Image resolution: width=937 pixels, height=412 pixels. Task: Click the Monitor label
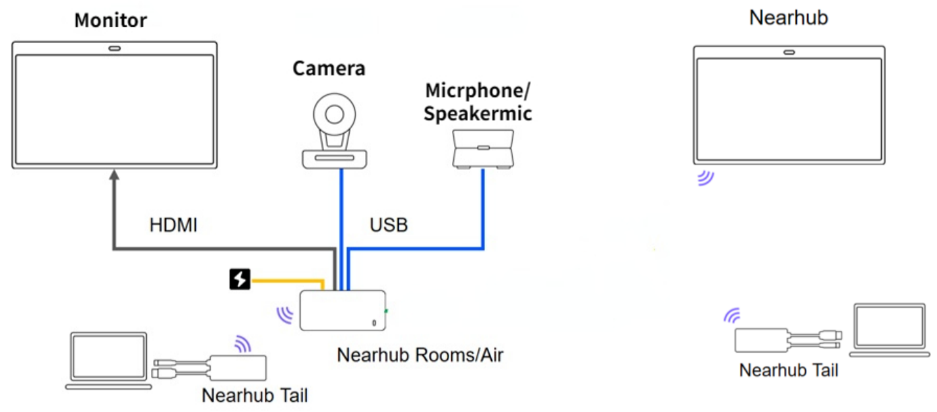(x=110, y=20)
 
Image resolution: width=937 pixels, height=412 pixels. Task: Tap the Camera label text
(x=329, y=68)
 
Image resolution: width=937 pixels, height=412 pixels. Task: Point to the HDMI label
(x=173, y=225)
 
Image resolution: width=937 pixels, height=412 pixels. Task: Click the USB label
(x=389, y=225)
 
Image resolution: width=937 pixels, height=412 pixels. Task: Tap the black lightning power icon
(x=240, y=279)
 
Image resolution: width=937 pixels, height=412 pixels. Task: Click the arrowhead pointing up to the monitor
(x=115, y=176)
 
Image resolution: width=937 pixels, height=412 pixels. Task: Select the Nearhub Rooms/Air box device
(x=343, y=311)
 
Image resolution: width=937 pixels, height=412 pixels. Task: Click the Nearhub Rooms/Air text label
(x=420, y=355)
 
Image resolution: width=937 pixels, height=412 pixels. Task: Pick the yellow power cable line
(x=290, y=278)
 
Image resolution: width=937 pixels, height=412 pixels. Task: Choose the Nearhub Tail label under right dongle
(x=788, y=370)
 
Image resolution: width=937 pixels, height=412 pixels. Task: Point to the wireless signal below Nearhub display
(x=705, y=178)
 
